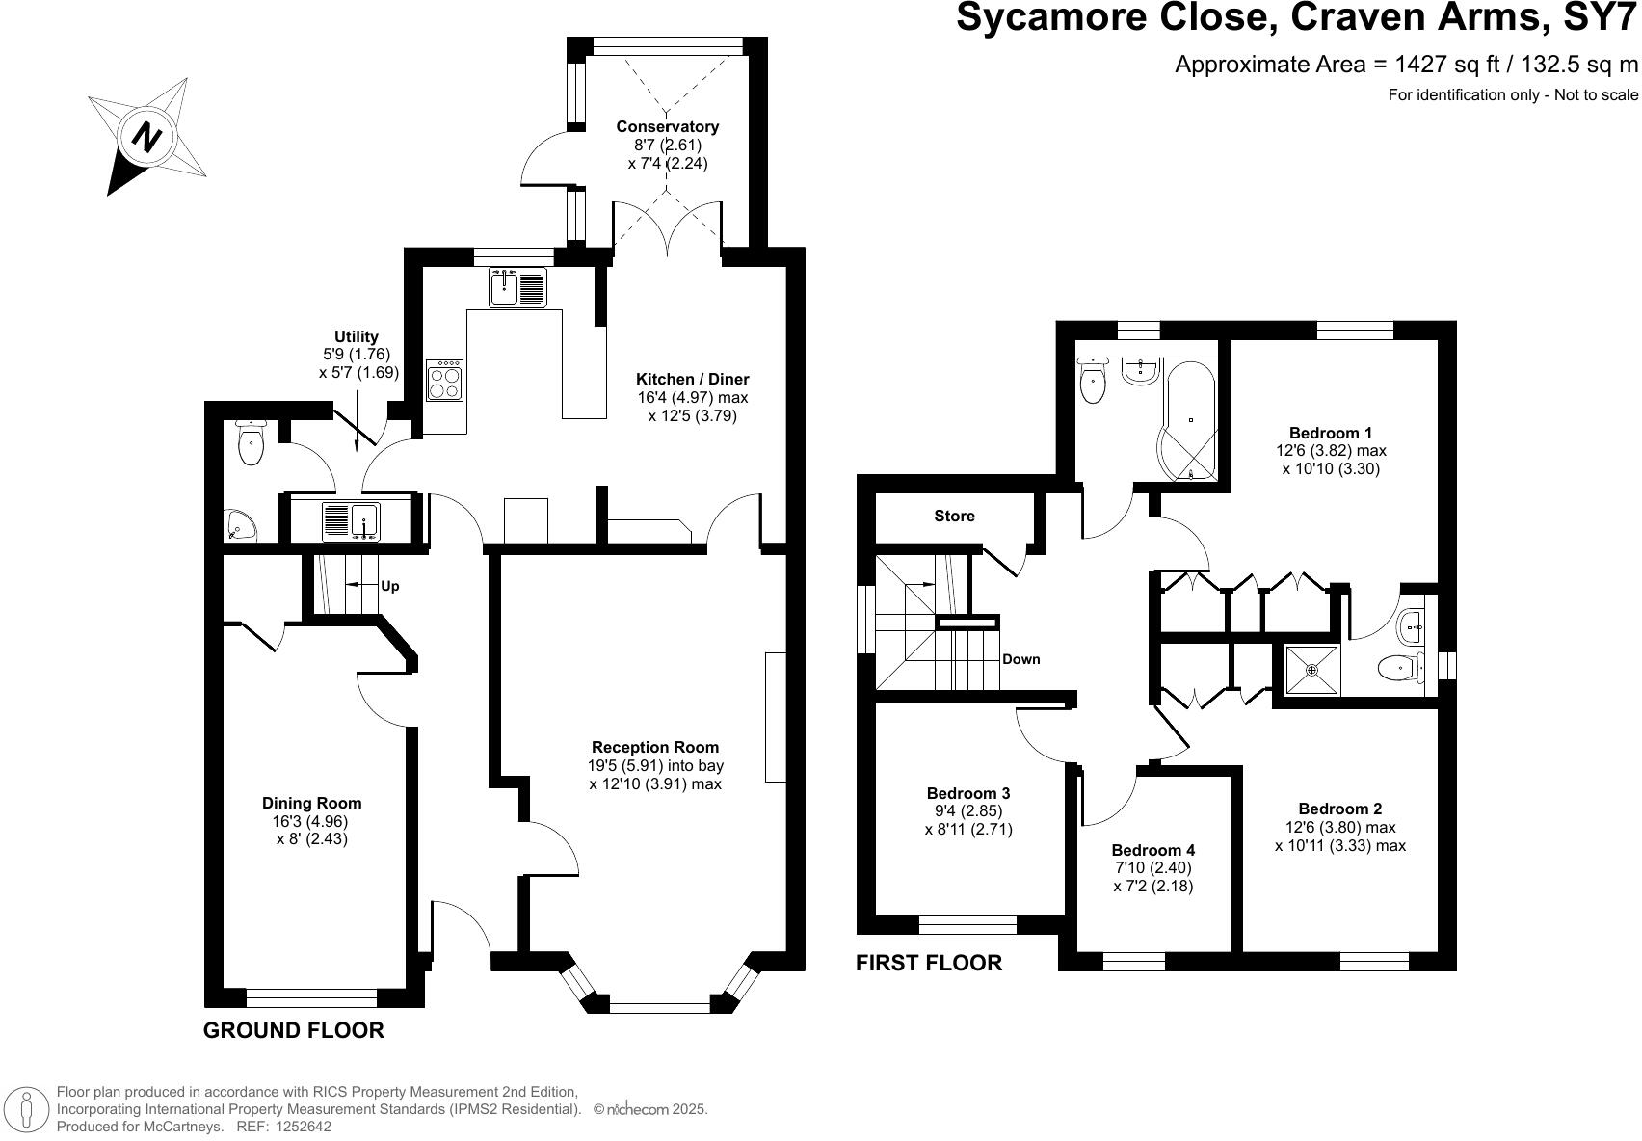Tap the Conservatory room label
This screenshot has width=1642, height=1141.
[667, 126]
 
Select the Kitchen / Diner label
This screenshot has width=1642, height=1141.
[692, 379]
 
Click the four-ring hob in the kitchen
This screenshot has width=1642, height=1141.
[445, 380]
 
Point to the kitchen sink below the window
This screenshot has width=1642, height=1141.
[517, 287]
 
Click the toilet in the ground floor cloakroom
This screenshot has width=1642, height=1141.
[252, 443]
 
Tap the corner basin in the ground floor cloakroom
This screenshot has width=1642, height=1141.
[240, 525]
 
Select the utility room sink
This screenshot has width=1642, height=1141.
[351, 520]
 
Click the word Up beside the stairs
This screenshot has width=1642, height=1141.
[390, 586]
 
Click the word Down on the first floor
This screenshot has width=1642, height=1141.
[1021, 659]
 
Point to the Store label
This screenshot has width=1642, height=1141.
[954, 516]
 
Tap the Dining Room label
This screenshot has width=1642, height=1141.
[311, 803]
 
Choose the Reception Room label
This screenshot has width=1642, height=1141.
[654, 747]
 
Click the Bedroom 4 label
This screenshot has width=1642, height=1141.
[1153, 850]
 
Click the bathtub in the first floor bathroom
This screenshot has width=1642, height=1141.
[1190, 420]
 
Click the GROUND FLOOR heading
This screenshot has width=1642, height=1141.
[293, 1030]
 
